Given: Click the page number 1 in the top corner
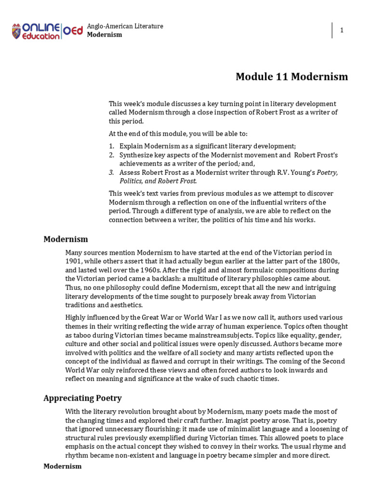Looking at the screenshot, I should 342,30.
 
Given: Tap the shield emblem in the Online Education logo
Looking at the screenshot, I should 16,31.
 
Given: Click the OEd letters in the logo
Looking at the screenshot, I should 73,31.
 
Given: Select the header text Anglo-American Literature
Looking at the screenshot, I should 125,26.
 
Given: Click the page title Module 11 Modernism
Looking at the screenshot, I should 291,77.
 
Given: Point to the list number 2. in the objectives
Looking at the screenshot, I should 111,155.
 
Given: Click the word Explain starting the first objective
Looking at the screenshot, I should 131,146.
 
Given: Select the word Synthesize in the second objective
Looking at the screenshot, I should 136,155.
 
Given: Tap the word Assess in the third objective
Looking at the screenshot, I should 129,172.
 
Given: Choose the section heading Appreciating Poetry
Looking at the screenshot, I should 82,398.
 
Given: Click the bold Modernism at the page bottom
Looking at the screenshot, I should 63,466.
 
